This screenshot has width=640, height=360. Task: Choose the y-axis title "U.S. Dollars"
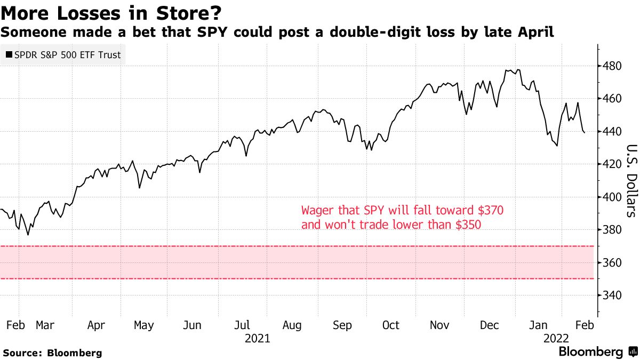click(x=630, y=181)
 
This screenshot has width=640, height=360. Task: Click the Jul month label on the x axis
click(x=243, y=325)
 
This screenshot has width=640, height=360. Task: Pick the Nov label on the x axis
click(x=439, y=325)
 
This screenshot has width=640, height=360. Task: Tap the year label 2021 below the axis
click(x=257, y=338)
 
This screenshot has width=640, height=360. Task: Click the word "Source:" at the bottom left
click(x=23, y=353)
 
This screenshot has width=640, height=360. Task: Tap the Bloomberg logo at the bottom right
click(x=597, y=352)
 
